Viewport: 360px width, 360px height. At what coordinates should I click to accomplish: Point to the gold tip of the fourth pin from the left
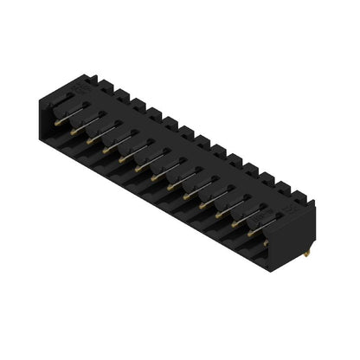(105, 150)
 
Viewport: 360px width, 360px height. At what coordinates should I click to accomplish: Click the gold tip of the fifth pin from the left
(121, 158)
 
